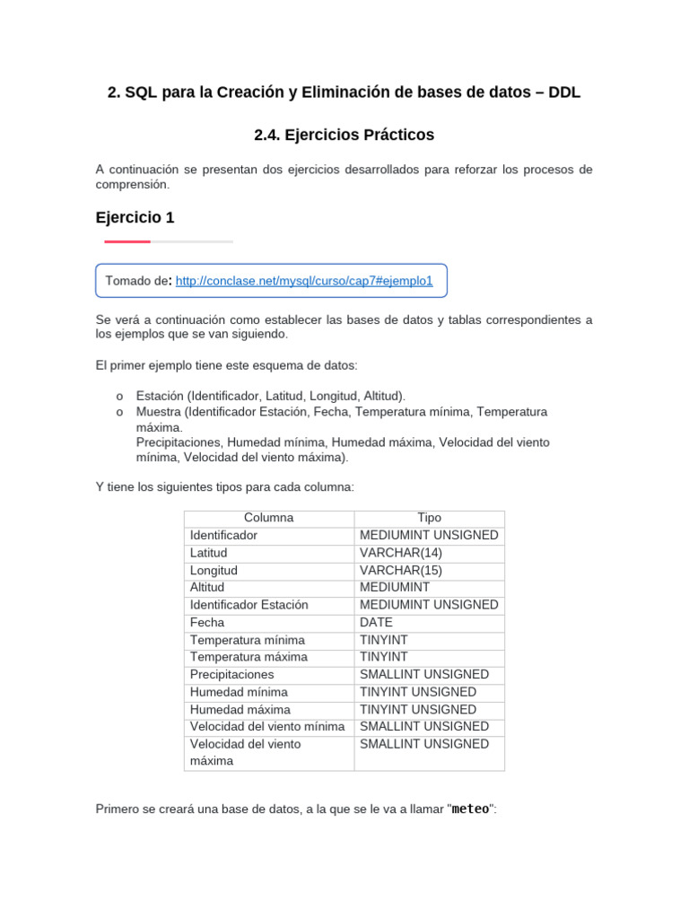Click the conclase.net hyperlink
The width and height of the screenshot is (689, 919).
(304, 281)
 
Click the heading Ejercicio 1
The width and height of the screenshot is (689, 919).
(135, 217)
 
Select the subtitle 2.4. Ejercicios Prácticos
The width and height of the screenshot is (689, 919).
(344, 135)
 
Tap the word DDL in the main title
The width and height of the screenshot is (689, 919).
(564, 92)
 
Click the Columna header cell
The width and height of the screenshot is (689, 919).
(268, 518)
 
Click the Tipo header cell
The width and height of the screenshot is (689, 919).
(429, 518)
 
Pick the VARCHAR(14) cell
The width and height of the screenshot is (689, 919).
(401, 553)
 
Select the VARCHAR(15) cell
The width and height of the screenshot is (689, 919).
(401, 570)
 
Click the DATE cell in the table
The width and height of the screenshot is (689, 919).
(376, 622)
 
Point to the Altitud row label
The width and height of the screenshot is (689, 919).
(207, 587)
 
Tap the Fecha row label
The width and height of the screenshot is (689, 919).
(207, 622)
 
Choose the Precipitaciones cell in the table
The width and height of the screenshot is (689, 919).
(231, 674)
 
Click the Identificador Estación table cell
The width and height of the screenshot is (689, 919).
(249, 605)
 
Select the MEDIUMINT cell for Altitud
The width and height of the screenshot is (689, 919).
(395, 587)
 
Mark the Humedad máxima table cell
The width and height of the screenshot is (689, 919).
(240, 709)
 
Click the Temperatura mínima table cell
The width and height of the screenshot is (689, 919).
(247, 640)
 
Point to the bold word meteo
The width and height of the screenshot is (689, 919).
(470, 809)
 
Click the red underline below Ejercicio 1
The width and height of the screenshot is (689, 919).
(127, 241)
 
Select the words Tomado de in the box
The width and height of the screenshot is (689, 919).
(137, 281)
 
